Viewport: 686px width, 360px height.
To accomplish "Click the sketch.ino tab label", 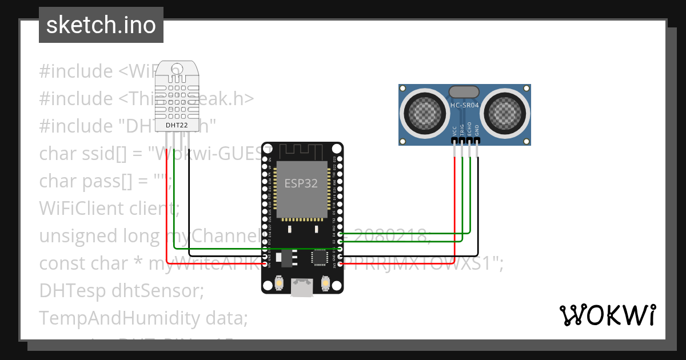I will (101, 25).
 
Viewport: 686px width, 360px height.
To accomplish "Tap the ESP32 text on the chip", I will (302, 183).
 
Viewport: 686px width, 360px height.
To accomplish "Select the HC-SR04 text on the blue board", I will (465, 105).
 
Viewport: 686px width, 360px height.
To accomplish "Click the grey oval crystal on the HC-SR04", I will (464, 91).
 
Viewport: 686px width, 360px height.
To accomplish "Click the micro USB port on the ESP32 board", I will (302, 287).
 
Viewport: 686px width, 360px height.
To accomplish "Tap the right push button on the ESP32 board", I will (325, 283).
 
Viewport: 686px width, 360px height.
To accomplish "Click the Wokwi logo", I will (607, 315).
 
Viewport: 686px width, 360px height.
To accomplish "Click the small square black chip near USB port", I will (318, 258).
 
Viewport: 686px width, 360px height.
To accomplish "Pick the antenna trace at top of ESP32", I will (302, 151).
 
